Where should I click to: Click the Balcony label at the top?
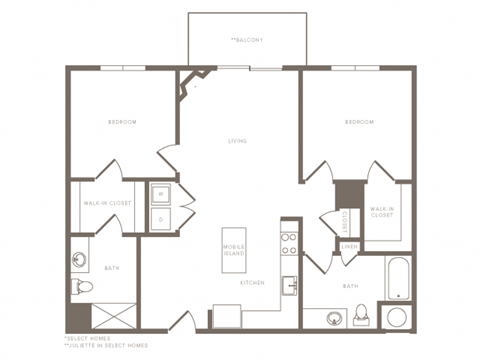pyautogui.click(x=247, y=40)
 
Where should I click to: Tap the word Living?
pyautogui.click(x=237, y=141)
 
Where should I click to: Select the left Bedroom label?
pyautogui.click(x=123, y=122)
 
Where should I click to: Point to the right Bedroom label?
pyautogui.click(x=359, y=122)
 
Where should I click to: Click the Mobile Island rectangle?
pyautogui.click(x=234, y=248)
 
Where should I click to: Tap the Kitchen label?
pyautogui.click(x=251, y=283)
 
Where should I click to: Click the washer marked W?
pyautogui.click(x=160, y=193)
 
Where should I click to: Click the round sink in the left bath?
pyautogui.click(x=81, y=259)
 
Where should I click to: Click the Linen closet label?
pyautogui.click(x=349, y=246)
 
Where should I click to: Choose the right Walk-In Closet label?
pyautogui.click(x=382, y=211)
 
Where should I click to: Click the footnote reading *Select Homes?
pyautogui.click(x=84, y=337)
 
